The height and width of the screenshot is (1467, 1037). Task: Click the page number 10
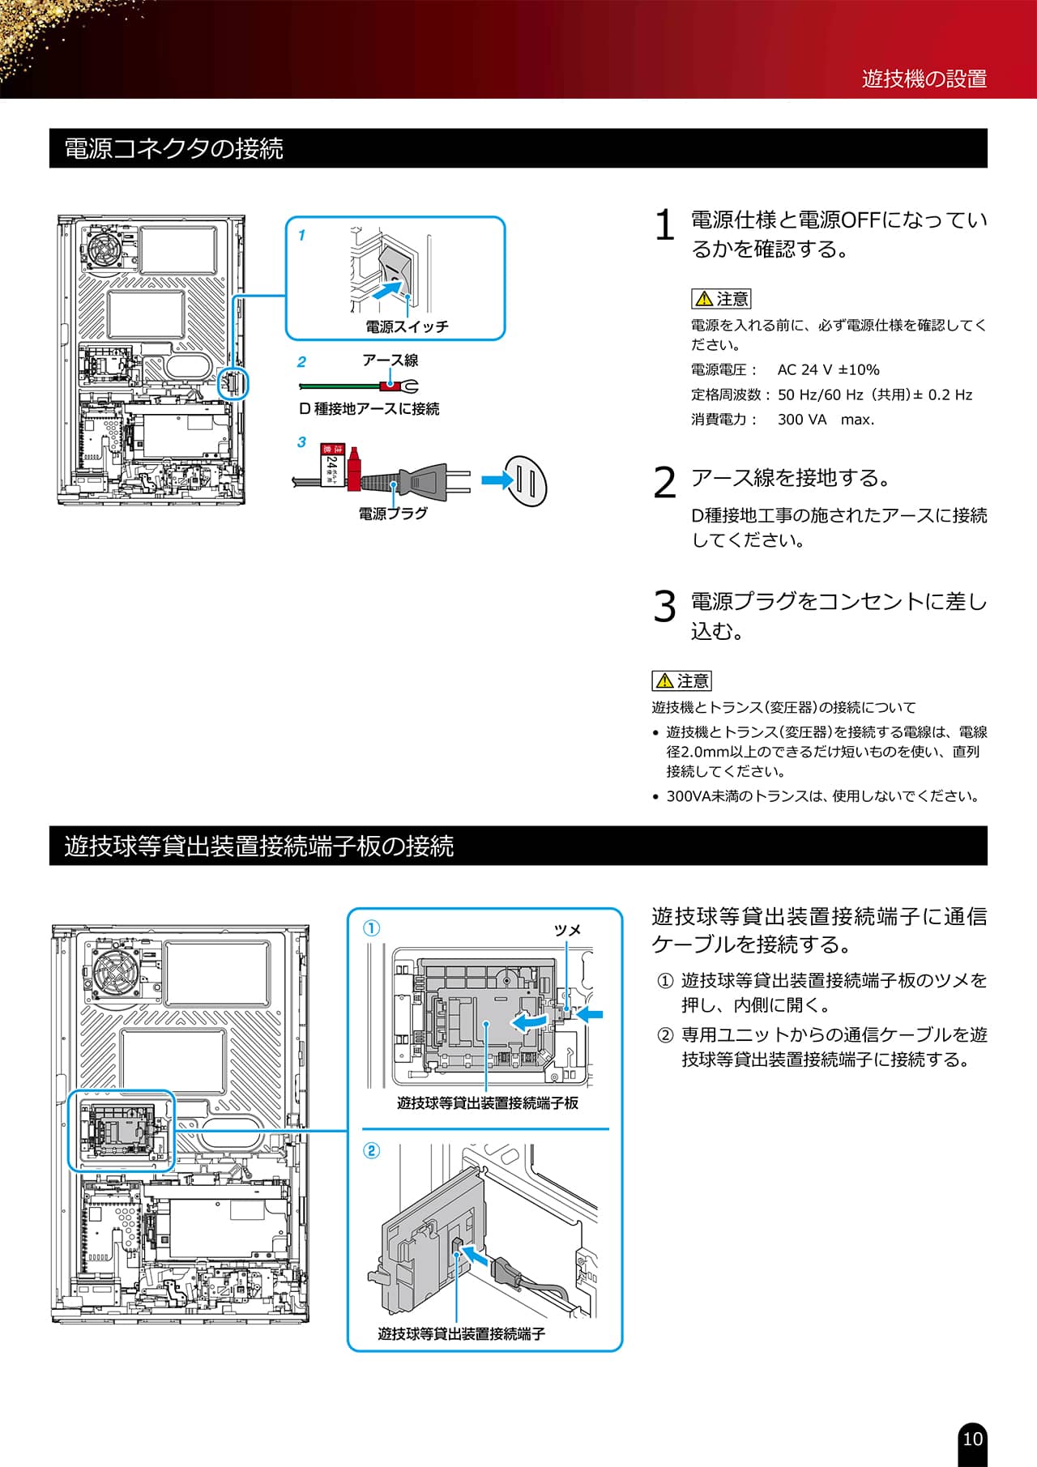pos(972,1439)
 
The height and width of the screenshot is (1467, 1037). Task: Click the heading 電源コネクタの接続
pos(173,149)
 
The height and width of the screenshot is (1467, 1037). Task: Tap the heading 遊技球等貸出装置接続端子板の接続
pos(258,847)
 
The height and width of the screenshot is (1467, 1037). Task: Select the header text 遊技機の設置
pos(924,79)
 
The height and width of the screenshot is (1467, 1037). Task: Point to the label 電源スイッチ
pos(407,326)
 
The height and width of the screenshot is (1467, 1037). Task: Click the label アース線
pos(390,360)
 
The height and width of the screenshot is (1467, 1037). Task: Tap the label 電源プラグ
pos(393,514)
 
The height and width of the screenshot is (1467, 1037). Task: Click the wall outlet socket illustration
pos(526,482)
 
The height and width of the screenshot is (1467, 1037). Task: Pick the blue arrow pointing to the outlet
pos(497,480)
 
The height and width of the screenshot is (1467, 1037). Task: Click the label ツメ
pos(567,930)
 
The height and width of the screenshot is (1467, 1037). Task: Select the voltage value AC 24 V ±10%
pos(828,370)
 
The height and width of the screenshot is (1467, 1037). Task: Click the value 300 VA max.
pos(826,420)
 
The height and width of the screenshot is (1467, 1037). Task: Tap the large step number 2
pos(664,484)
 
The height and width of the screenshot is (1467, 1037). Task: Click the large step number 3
pos(664,607)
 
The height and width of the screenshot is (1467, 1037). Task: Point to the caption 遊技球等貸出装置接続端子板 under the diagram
pos(488,1102)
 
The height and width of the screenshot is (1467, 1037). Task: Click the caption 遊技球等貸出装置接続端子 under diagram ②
pos(461,1333)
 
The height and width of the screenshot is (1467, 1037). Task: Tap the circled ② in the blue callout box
pos(371,1150)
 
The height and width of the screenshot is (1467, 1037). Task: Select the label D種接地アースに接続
pos(369,409)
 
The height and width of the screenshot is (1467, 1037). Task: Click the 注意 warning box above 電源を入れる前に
pos(721,299)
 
